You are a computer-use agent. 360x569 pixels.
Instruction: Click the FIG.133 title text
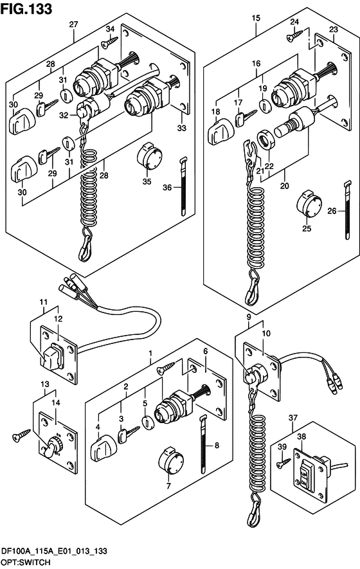tap(26, 9)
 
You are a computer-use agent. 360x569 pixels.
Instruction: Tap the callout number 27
tap(74, 24)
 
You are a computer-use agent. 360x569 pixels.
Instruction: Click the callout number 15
tap(256, 18)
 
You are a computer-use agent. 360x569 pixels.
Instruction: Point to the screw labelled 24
tap(294, 35)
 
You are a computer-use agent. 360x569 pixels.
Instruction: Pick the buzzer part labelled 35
tap(149, 158)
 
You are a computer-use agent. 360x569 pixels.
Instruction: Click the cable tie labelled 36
tap(184, 186)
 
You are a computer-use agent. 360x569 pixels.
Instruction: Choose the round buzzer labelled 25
tap(309, 204)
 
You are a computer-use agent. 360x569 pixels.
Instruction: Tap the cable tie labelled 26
tap(348, 210)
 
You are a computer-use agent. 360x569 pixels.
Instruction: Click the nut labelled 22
tap(266, 139)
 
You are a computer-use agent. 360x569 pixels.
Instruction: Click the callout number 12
tap(58, 319)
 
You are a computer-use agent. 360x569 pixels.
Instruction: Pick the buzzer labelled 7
tap(171, 460)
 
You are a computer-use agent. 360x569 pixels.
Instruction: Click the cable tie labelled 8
tap(203, 444)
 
